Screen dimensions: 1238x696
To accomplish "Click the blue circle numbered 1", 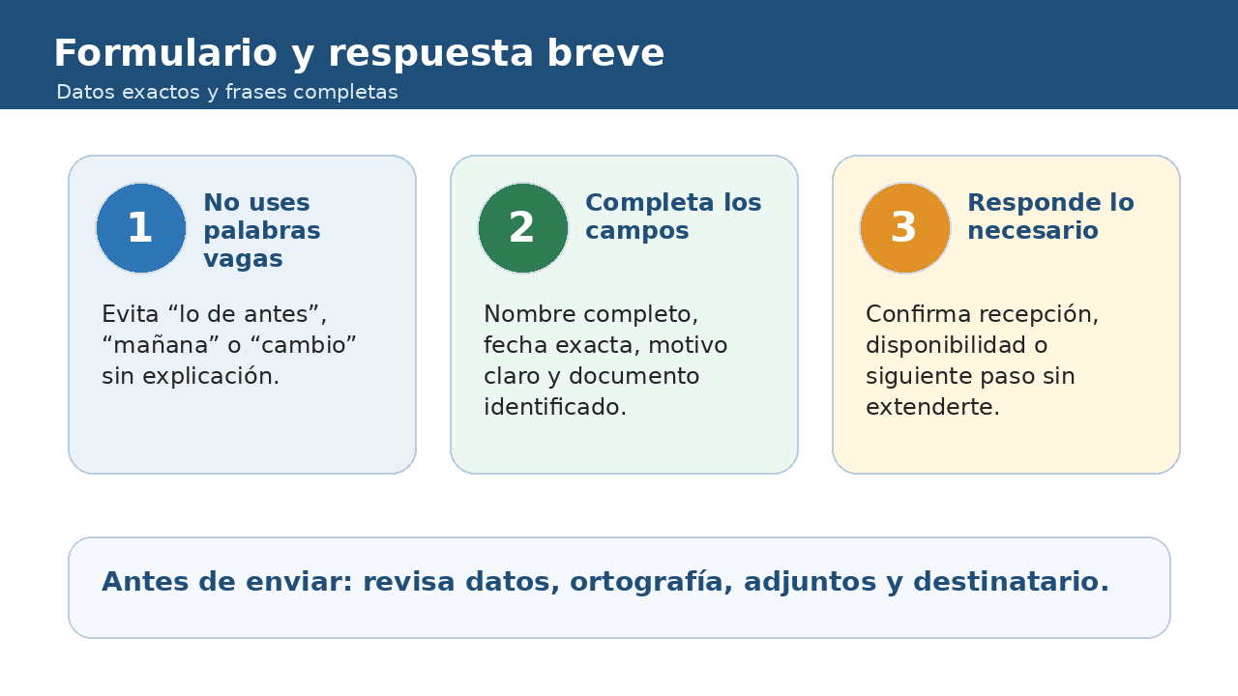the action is [141, 228].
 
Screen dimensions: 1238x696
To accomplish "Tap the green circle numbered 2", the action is [523, 228].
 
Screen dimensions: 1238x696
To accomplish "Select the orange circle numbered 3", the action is [904, 228].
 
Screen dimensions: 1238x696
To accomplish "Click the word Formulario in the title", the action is [165, 53].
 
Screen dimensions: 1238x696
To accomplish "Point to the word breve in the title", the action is [605, 53].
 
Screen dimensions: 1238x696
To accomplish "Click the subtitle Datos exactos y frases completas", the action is [227, 92].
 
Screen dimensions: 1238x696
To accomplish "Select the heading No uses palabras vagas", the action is [262, 230].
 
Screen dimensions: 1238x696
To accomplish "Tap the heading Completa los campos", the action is [673, 217].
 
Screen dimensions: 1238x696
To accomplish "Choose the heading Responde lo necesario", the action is [1050, 217].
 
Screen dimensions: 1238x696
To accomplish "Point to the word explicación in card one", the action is [211, 377].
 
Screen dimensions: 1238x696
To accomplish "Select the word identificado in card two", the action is [555, 407].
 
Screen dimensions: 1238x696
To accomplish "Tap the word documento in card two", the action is [634, 376].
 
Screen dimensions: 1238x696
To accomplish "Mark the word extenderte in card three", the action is [933, 407].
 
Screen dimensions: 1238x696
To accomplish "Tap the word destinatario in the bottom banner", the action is [1011, 582].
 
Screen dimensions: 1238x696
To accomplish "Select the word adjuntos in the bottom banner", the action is [811, 582].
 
